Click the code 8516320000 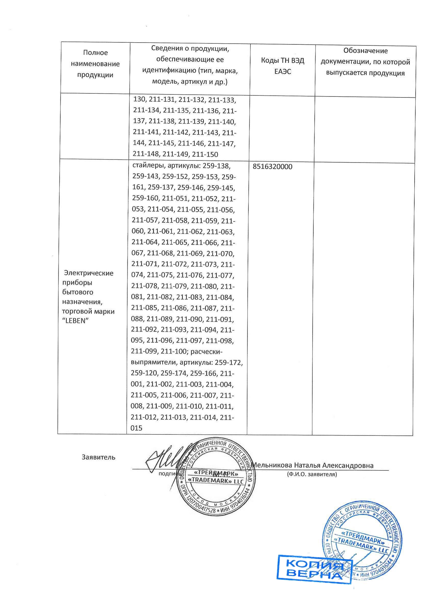[272, 167]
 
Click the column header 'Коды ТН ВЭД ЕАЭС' [282, 66]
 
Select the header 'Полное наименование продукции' [95, 64]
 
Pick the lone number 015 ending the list [137, 428]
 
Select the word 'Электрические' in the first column [89, 273]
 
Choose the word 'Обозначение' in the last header [365, 51]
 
